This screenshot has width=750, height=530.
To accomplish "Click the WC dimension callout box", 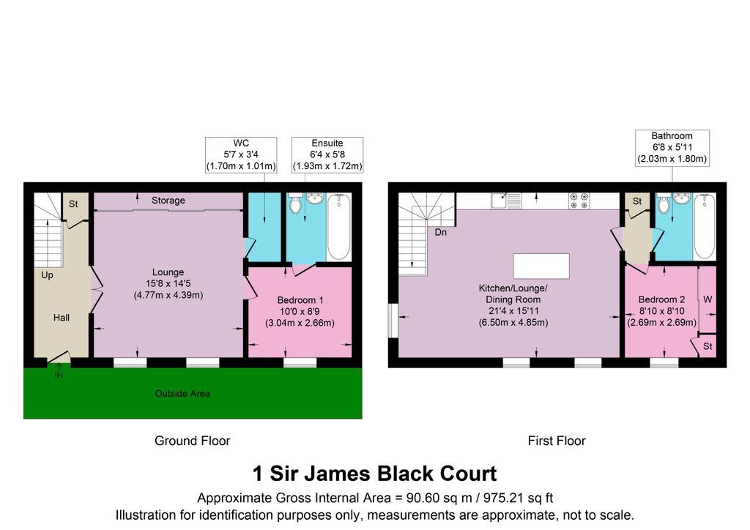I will pyautogui.click(x=241, y=154).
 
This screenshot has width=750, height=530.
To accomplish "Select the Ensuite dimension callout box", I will pyautogui.click(x=327, y=154).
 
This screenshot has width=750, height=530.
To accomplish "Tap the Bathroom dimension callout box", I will pyautogui.click(x=672, y=148).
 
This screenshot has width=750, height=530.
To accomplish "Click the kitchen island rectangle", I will pyautogui.click(x=541, y=266).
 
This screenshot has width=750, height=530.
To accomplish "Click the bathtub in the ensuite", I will pyautogui.click(x=338, y=225).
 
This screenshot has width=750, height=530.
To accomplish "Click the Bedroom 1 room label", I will pyautogui.click(x=300, y=300).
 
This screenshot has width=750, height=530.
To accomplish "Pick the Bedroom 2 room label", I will pyautogui.click(x=661, y=299).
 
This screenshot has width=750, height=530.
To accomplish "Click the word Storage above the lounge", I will pyautogui.click(x=168, y=200).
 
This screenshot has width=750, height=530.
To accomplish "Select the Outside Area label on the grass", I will pyautogui.click(x=182, y=394).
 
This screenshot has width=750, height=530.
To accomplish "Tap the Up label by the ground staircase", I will pyautogui.click(x=47, y=276).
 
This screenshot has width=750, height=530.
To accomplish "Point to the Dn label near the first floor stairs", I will pyautogui.click(x=441, y=233).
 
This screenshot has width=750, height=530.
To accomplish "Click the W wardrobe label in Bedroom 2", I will pyautogui.click(x=708, y=299).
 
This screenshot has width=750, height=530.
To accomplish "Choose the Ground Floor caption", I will pyautogui.click(x=192, y=441).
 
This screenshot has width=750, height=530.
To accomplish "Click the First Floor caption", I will pyautogui.click(x=557, y=441).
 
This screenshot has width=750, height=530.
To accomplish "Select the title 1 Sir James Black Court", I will pyautogui.click(x=374, y=474).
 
